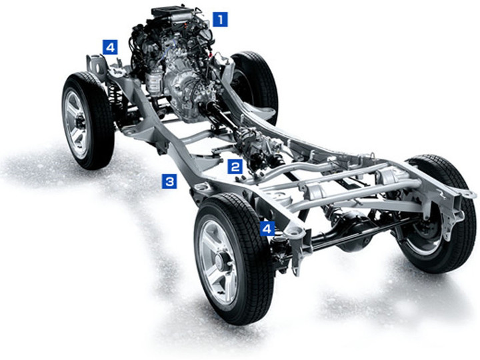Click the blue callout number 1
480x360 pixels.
pyautogui.click(x=221, y=19)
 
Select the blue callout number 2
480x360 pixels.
pyautogui.click(x=235, y=167)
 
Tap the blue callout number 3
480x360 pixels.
pyautogui.click(x=169, y=181)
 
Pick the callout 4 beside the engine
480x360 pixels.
pyautogui.click(x=110, y=47)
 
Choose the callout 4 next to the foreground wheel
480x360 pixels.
pyautogui.click(x=267, y=229)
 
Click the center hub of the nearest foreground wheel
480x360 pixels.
pyautogui.click(x=220, y=261)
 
